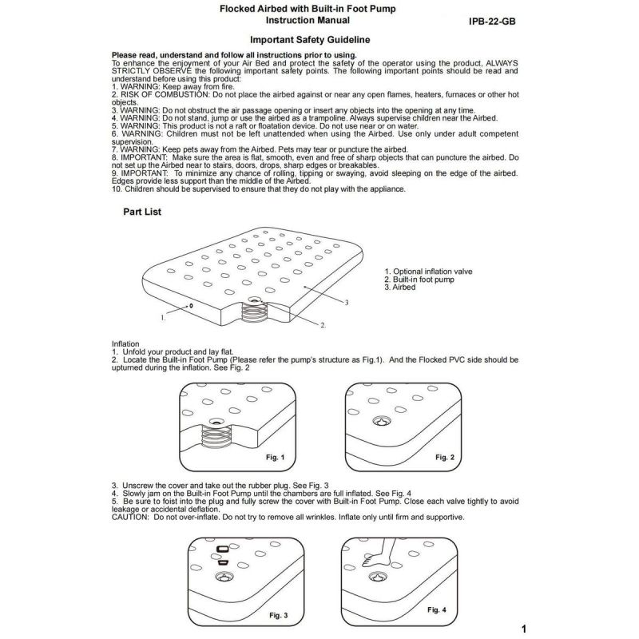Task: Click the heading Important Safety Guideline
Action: [309, 38]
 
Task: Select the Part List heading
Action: [143, 213]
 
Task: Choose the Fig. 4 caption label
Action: [436, 609]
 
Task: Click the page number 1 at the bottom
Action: [522, 628]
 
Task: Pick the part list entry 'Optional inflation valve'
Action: [428, 272]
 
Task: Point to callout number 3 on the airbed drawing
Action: [347, 303]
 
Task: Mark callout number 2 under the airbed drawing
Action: [323, 326]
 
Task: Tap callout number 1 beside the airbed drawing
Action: [162, 317]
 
